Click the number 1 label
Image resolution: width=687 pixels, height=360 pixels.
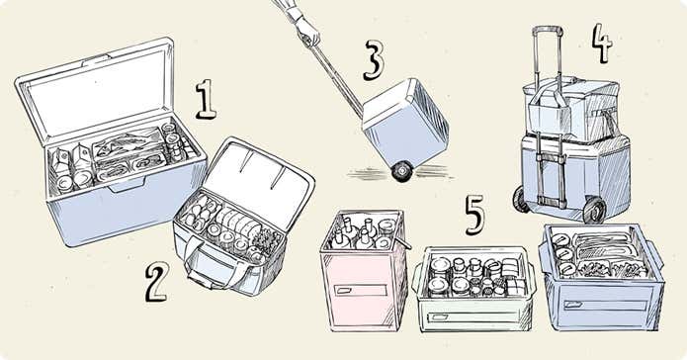[x=206, y=99]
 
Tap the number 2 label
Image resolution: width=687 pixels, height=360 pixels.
[x=156, y=282]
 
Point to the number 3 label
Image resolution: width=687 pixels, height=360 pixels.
[x=374, y=60]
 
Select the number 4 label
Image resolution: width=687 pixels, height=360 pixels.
[x=602, y=43]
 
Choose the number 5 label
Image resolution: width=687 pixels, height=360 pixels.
[x=474, y=215]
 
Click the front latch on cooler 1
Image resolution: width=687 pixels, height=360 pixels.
[x=126, y=185]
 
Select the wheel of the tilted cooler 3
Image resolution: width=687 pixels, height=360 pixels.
[x=402, y=171]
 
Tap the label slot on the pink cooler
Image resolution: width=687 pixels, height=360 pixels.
[x=360, y=291]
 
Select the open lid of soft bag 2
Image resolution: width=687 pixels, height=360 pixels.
[x=259, y=182]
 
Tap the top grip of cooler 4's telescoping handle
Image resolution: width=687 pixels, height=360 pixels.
[x=548, y=30]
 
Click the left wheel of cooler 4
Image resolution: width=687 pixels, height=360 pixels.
[x=521, y=200]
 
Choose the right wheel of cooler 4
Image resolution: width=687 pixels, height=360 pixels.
[x=594, y=210]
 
